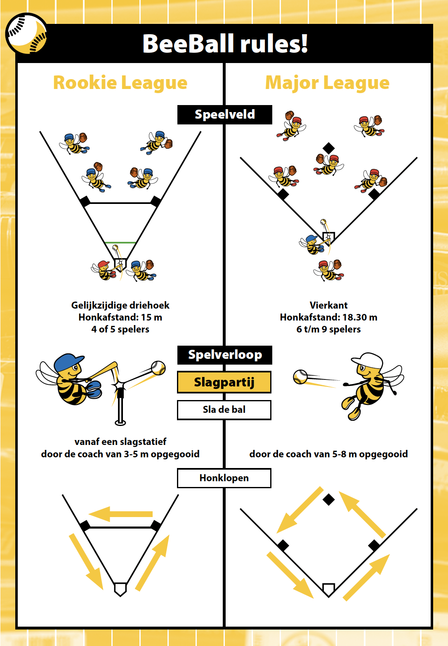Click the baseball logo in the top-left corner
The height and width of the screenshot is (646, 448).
click(26, 34)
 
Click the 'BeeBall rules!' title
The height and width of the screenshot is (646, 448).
click(225, 44)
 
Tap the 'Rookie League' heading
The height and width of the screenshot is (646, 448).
click(120, 83)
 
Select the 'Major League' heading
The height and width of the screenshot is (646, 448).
click(327, 83)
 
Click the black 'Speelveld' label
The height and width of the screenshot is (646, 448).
click(224, 115)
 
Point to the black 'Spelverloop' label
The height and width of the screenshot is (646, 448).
click(224, 355)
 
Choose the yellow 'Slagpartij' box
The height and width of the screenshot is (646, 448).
click(224, 382)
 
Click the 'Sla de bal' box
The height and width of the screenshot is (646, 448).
click(224, 410)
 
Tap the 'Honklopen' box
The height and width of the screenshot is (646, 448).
click(224, 478)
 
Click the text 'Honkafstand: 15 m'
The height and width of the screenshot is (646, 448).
click(120, 317)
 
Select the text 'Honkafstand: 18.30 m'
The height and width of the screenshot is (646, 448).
click(328, 317)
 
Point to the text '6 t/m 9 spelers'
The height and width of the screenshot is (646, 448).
click(328, 329)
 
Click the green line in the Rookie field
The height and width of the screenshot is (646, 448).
click(120, 243)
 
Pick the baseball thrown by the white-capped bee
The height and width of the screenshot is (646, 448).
click(300, 376)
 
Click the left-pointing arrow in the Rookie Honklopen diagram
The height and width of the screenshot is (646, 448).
click(120, 514)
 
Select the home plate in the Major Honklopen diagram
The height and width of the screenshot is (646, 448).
click(328, 590)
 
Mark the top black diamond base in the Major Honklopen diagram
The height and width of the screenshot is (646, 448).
click(328, 500)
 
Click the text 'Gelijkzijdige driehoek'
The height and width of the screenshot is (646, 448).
click(120, 305)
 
